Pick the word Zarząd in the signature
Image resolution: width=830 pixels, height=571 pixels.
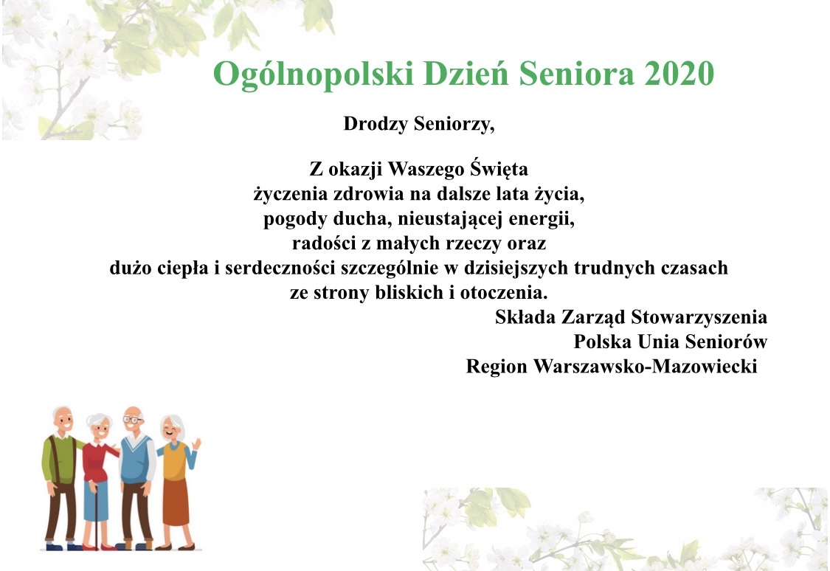(593, 317)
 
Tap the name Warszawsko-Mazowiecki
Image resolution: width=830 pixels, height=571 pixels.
(646, 366)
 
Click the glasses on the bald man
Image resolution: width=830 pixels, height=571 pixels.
(133, 420)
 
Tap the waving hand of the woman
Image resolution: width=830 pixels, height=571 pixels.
(196, 443)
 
